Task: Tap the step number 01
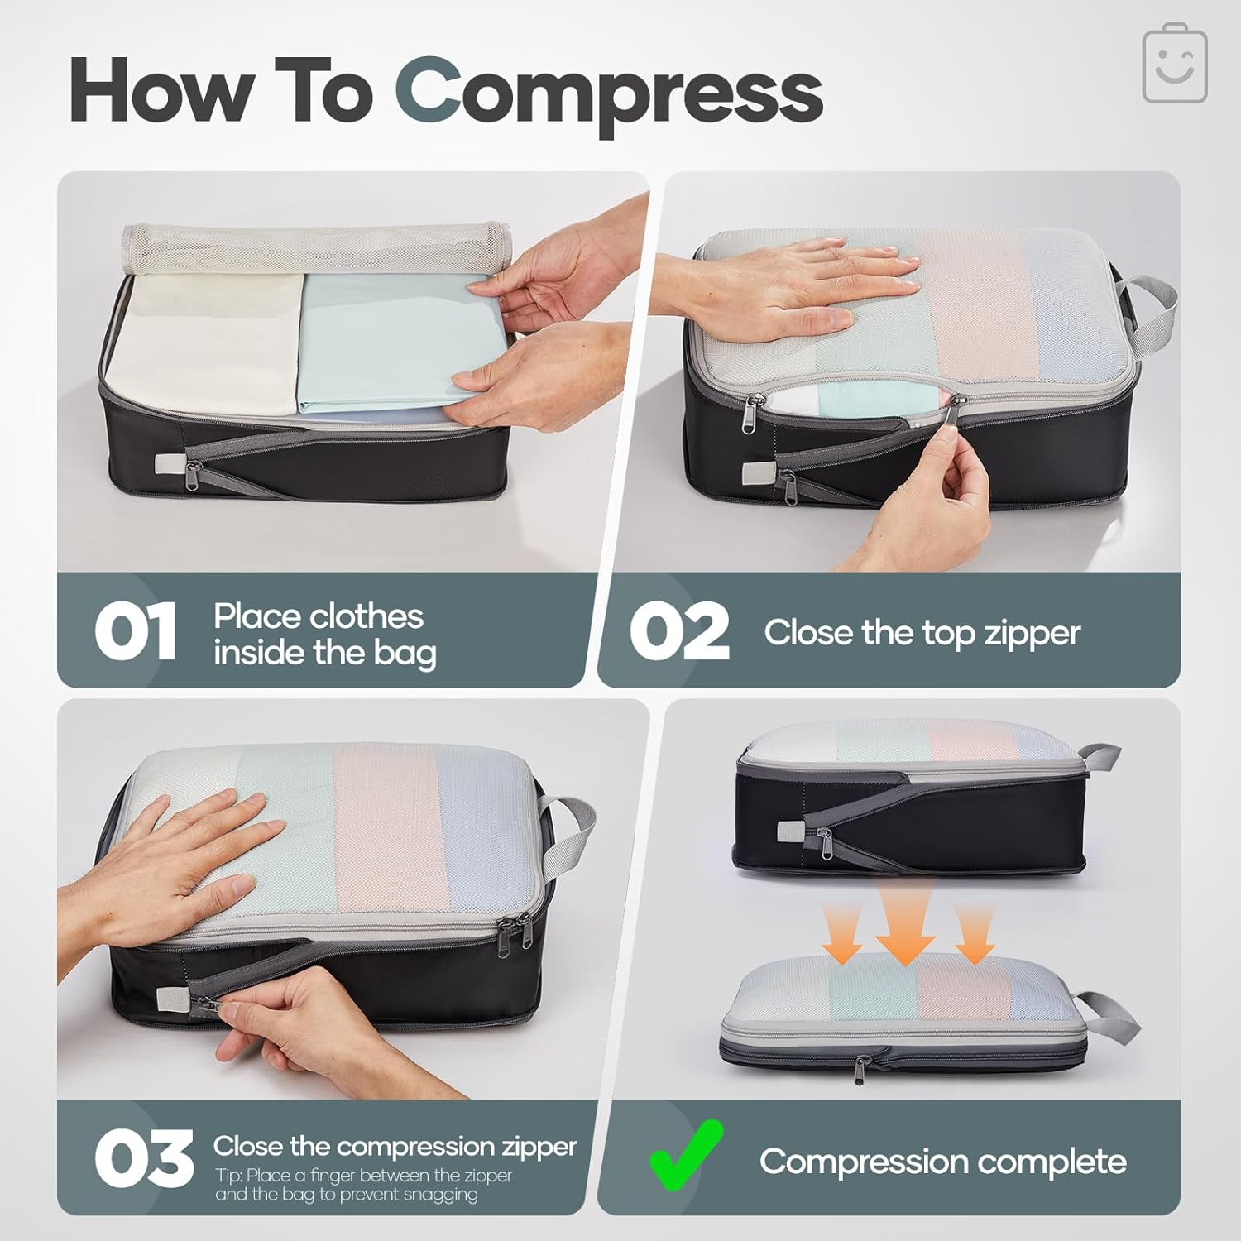(135, 631)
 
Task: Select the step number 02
(678, 631)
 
